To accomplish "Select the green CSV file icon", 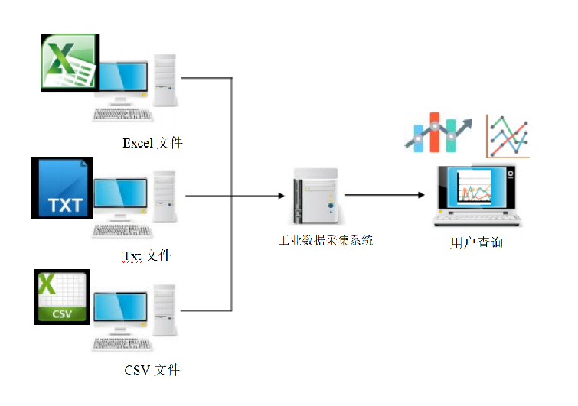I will click(x=62, y=297).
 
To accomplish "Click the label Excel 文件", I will click(x=152, y=143).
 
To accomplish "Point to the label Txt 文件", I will click(x=146, y=255).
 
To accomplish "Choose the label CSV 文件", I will click(x=152, y=370).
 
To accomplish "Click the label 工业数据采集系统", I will click(x=325, y=240).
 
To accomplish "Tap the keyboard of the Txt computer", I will click(x=122, y=230).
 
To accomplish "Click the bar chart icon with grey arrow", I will click(x=441, y=134).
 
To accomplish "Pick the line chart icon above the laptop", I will click(x=507, y=136).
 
